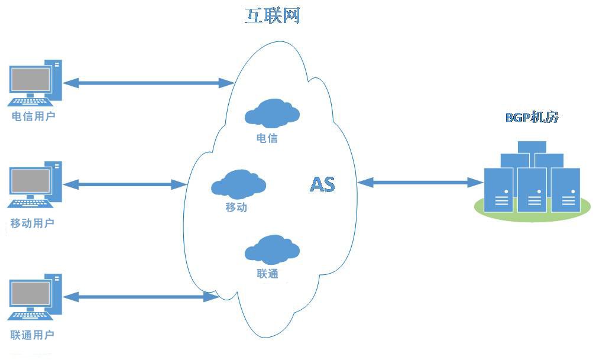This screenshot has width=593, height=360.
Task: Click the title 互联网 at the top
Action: (273, 16)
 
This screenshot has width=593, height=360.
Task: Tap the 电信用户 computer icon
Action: (35, 83)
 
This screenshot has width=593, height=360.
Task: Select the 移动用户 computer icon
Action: (35, 184)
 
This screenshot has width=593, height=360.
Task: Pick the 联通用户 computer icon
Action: (35, 297)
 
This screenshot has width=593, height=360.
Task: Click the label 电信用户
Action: (33, 116)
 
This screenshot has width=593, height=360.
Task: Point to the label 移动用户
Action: (32, 223)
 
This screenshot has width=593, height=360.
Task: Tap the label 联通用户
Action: (32, 335)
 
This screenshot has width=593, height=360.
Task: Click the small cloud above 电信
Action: (273, 113)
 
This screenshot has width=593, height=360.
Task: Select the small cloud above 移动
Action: (238, 184)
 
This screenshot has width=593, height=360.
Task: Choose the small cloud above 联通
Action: (273, 249)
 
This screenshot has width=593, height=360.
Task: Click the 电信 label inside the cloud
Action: (267, 138)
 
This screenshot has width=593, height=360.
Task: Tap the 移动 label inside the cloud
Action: (236, 207)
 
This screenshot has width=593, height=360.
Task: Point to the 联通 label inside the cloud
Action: (267, 273)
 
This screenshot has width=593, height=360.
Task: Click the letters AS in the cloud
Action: (322, 184)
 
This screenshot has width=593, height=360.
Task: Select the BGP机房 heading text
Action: (532, 117)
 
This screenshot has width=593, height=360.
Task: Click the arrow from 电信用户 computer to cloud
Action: (148, 83)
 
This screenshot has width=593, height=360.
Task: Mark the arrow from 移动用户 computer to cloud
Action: (125, 184)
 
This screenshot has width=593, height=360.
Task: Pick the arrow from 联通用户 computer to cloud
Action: (141, 297)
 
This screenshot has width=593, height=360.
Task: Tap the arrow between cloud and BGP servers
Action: (420, 183)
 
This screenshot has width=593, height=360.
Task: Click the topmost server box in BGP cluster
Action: (532, 147)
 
